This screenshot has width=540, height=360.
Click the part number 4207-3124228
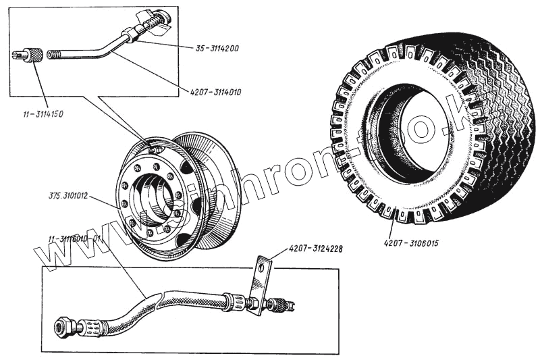tap(315, 249)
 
